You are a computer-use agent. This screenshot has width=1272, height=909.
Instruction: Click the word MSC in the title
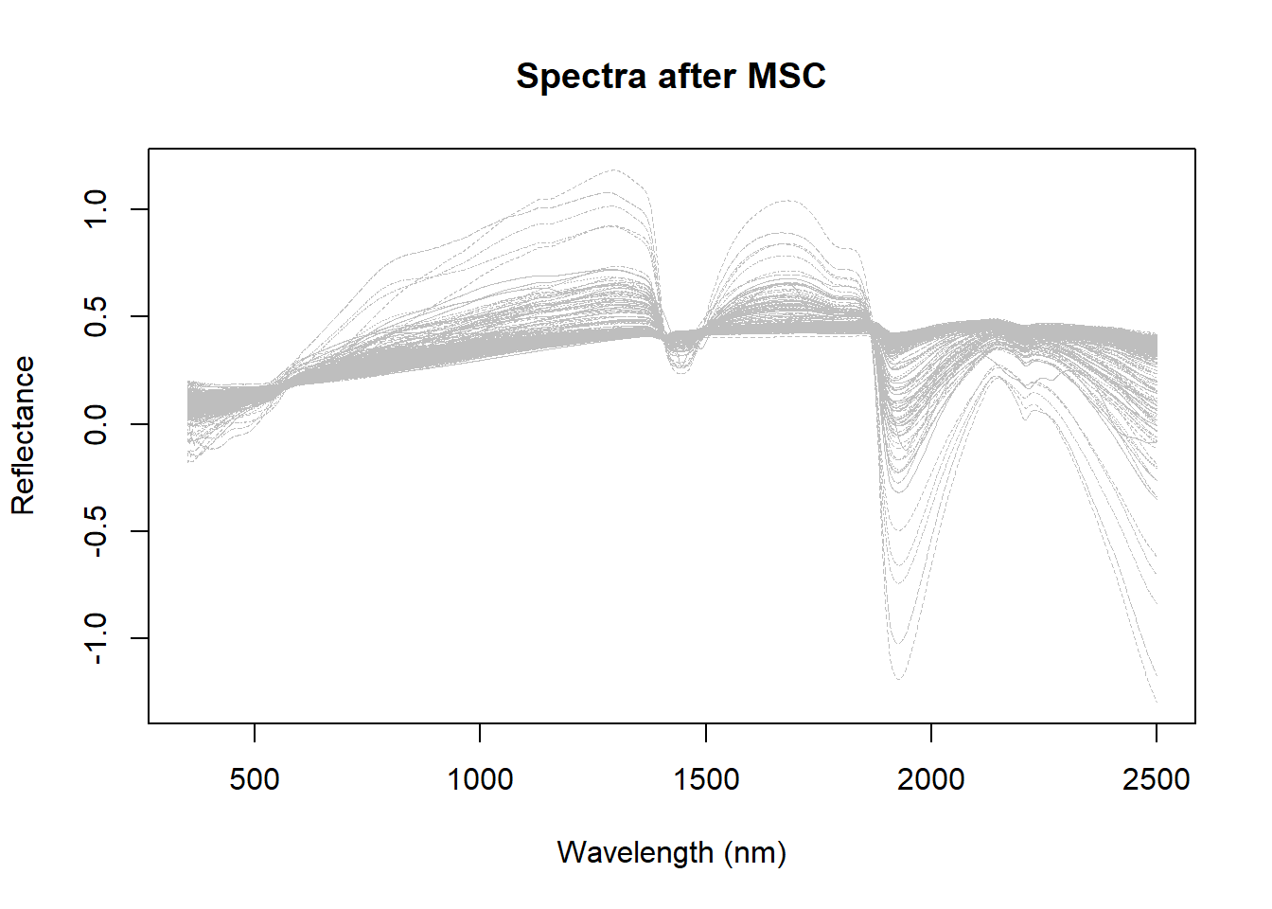coord(786,77)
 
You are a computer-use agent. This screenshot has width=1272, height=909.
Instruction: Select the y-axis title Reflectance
coord(23,436)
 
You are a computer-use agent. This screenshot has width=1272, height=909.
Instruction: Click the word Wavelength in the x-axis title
coord(635,852)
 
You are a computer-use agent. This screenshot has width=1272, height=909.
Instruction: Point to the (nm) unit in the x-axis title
coord(755,852)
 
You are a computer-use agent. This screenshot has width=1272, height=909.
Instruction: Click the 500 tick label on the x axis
coord(255,779)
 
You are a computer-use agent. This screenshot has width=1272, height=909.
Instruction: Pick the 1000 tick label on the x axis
coord(480,779)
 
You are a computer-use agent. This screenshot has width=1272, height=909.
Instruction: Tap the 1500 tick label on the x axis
coord(706,779)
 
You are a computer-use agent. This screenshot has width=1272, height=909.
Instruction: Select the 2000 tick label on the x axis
coord(931,779)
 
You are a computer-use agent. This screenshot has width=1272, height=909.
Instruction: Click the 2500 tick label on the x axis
coord(1156,779)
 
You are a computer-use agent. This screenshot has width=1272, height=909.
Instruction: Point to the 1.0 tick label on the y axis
coord(97,208)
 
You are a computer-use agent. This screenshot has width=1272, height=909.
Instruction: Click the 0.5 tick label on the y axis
coord(97,316)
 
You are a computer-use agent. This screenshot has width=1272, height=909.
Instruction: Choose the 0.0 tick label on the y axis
coord(97,423)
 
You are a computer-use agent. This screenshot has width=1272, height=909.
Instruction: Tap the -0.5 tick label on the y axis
coord(97,531)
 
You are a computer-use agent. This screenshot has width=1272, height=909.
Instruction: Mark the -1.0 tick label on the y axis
coord(97,638)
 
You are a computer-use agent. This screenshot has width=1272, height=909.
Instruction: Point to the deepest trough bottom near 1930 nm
coord(897,678)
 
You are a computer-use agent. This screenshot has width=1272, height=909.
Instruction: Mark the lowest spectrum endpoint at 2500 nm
coord(1156,701)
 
